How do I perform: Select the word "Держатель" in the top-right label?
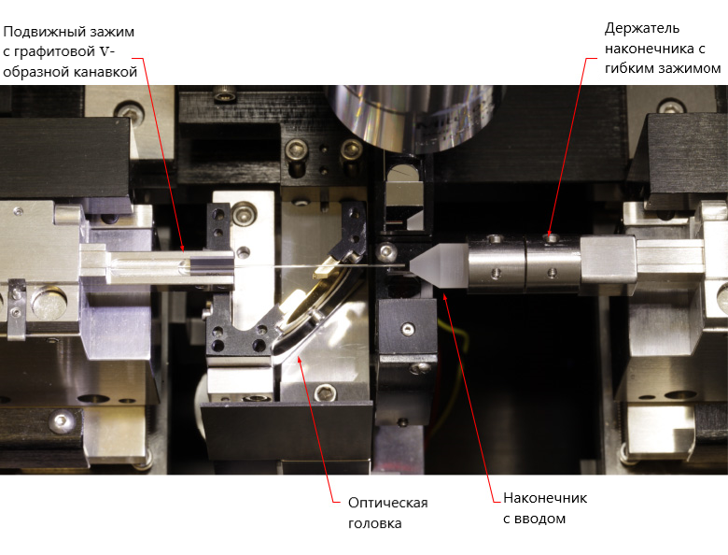[x=642, y=28]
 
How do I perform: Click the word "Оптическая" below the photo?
[x=387, y=503]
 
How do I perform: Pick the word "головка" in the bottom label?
[x=374, y=523]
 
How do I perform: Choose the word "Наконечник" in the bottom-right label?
[x=545, y=498]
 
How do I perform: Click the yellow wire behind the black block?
[x=453, y=363]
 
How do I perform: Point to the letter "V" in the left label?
[x=105, y=51]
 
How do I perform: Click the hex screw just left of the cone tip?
[x=386, y=252]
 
